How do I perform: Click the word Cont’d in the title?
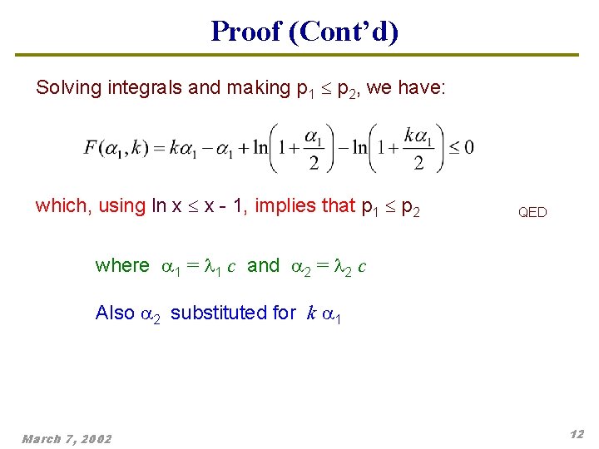pos(344,32)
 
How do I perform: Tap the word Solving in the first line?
pos(69,88)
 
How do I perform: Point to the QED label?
pos(532,212)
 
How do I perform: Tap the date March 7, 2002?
pos(67,438)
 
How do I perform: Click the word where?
pos(122,265)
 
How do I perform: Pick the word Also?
pos(115,313)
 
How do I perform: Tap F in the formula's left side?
pos(90,148)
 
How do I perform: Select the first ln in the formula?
pos(261,148)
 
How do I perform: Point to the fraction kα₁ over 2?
pos(418,148)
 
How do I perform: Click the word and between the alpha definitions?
pos(264,265)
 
